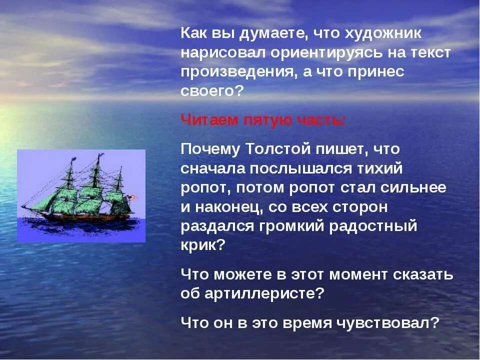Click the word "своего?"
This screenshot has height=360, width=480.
tap(211, 90)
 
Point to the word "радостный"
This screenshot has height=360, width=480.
tap(373, 226)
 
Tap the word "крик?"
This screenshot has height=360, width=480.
tap(202, 245)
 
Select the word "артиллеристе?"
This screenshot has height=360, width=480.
tap(264, 293)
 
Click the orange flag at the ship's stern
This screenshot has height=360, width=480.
tap(132, 197)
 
